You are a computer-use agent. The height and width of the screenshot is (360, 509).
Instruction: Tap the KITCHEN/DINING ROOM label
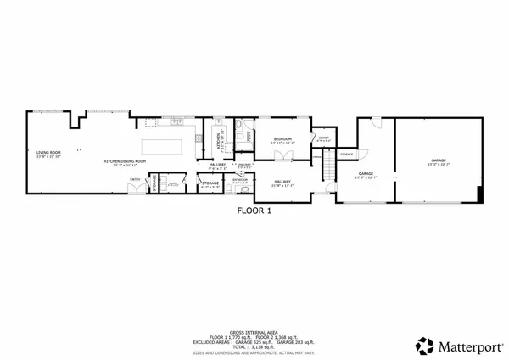click(122, 161)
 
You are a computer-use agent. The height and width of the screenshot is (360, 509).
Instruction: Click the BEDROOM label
click(282, 140)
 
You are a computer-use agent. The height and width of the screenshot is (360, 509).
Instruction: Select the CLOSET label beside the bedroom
click(322, 138)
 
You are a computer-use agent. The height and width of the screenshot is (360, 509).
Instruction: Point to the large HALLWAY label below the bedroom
click(282, 182)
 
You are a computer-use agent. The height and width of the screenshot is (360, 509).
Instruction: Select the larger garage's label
click(438, 160)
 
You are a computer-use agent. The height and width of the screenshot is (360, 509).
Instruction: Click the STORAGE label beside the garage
click(346, 154)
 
